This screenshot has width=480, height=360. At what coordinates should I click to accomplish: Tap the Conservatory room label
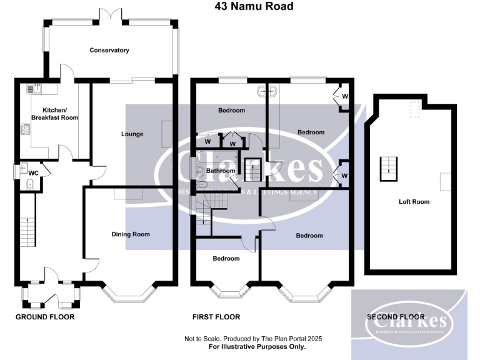109,50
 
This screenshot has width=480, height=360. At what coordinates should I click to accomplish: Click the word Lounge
132,134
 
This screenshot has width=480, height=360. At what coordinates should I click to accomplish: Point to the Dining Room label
131,234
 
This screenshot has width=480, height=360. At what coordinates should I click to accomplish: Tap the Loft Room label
414,202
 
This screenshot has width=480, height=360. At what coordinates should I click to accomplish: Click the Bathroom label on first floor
221,171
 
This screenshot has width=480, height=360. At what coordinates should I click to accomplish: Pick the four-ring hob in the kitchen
26,130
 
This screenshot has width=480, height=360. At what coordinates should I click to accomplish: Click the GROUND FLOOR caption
45,317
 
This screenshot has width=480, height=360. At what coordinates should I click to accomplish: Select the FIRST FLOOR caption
216,317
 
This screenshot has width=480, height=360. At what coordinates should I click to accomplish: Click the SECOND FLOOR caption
395,317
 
